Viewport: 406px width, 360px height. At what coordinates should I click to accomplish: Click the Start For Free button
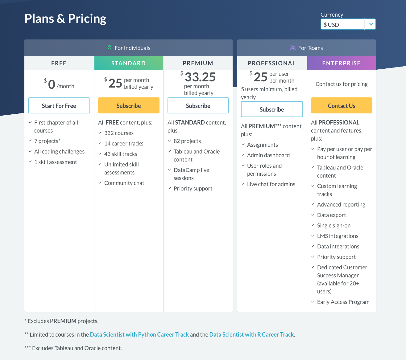pos(59,106)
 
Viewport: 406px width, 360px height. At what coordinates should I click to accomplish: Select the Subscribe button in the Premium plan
pos(198,106)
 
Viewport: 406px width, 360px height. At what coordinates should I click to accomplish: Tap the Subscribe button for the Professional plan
pos(272,109)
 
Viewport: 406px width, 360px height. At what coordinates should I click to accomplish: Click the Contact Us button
pos(342,106)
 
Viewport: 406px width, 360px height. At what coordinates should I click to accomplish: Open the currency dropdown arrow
pos(371,24)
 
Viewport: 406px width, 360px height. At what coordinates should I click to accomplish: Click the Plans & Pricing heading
pos(65,18)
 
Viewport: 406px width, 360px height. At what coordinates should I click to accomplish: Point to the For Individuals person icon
pos(110,48)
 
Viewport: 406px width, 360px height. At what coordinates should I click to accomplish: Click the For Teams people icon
pos(293,48)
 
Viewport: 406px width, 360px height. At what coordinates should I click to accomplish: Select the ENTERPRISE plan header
pos(341,63)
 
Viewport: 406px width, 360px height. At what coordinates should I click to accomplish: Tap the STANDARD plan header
pos(128,63)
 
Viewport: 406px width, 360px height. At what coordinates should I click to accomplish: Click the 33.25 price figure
pos(200,77)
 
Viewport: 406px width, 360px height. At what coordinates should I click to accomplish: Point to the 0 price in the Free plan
pos(52,84)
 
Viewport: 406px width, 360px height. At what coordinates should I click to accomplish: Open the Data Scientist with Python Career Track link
pos(139,334)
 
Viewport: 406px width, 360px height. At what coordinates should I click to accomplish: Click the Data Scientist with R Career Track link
pos(251,334)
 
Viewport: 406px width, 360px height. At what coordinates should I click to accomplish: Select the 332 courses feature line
pos(119,133)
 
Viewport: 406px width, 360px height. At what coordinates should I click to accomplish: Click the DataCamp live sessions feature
pos(191,174)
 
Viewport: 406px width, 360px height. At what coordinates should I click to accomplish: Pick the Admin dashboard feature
pos(268,155)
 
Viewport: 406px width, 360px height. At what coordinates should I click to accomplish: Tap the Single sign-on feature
pos(333,226)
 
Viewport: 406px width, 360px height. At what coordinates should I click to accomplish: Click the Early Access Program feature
pos(343,302)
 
